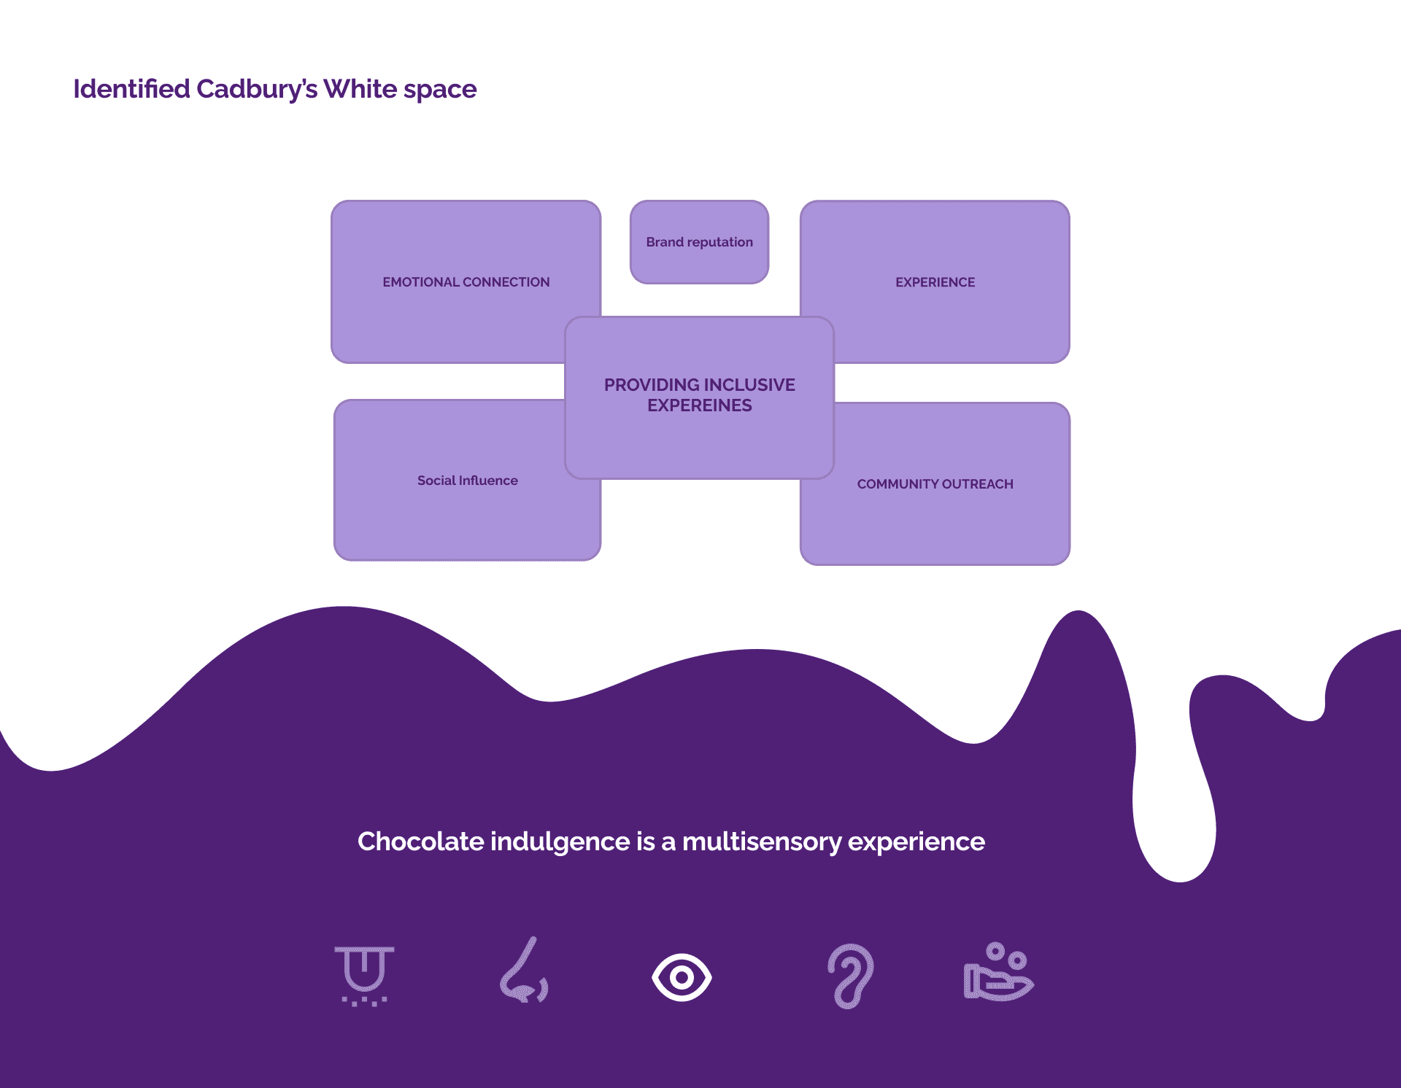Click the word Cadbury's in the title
[257, 89]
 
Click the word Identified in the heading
[131, 89]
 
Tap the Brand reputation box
[699, 242]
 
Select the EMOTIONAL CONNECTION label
[466, 282]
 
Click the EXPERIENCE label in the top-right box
[935, 282]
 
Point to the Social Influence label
[467, 481]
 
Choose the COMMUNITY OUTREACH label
[935, 484]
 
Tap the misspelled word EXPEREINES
[699, 405]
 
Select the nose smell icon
[525, 971]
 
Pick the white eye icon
[682, 977]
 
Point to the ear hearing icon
[851, 976]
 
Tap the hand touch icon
[998, 973]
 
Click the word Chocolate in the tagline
[420, 842]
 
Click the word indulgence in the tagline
[560, 842]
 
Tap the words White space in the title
[400, 89]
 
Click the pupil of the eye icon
[682, 977]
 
